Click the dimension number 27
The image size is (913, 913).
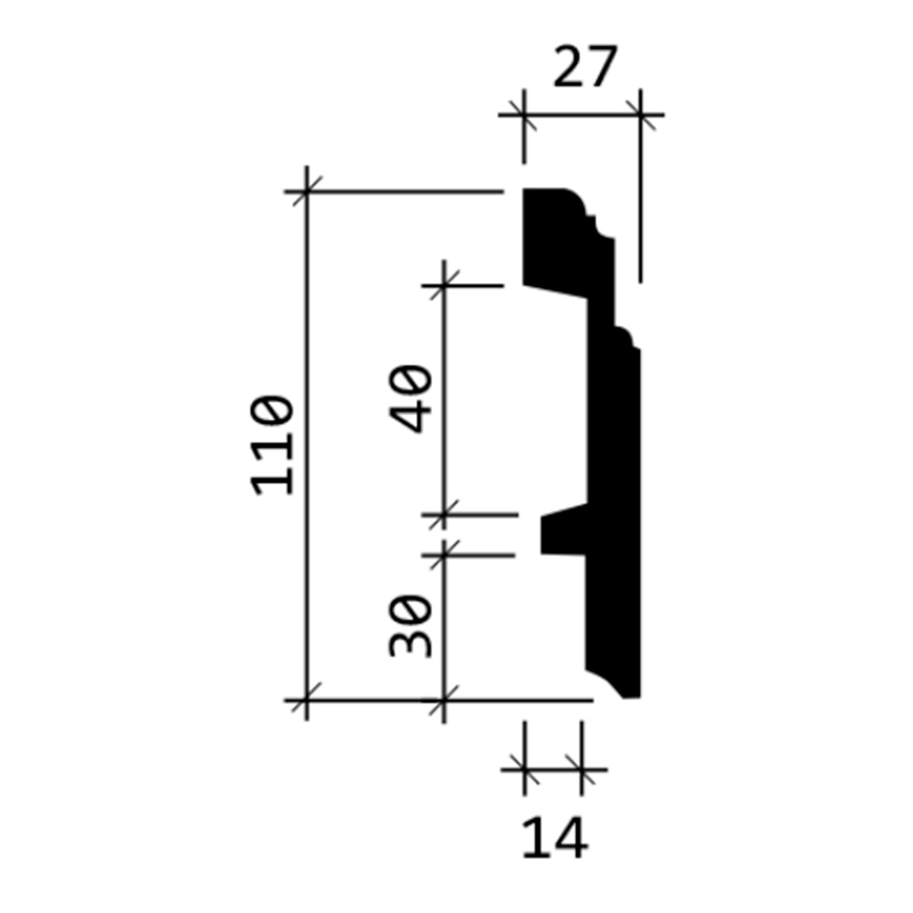click(x=585, y=66)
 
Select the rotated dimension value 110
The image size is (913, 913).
click(x=272, y=446)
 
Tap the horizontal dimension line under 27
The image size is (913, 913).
click(x=582, y=115)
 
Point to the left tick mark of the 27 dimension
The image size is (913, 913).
click(x=524, y=115)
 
